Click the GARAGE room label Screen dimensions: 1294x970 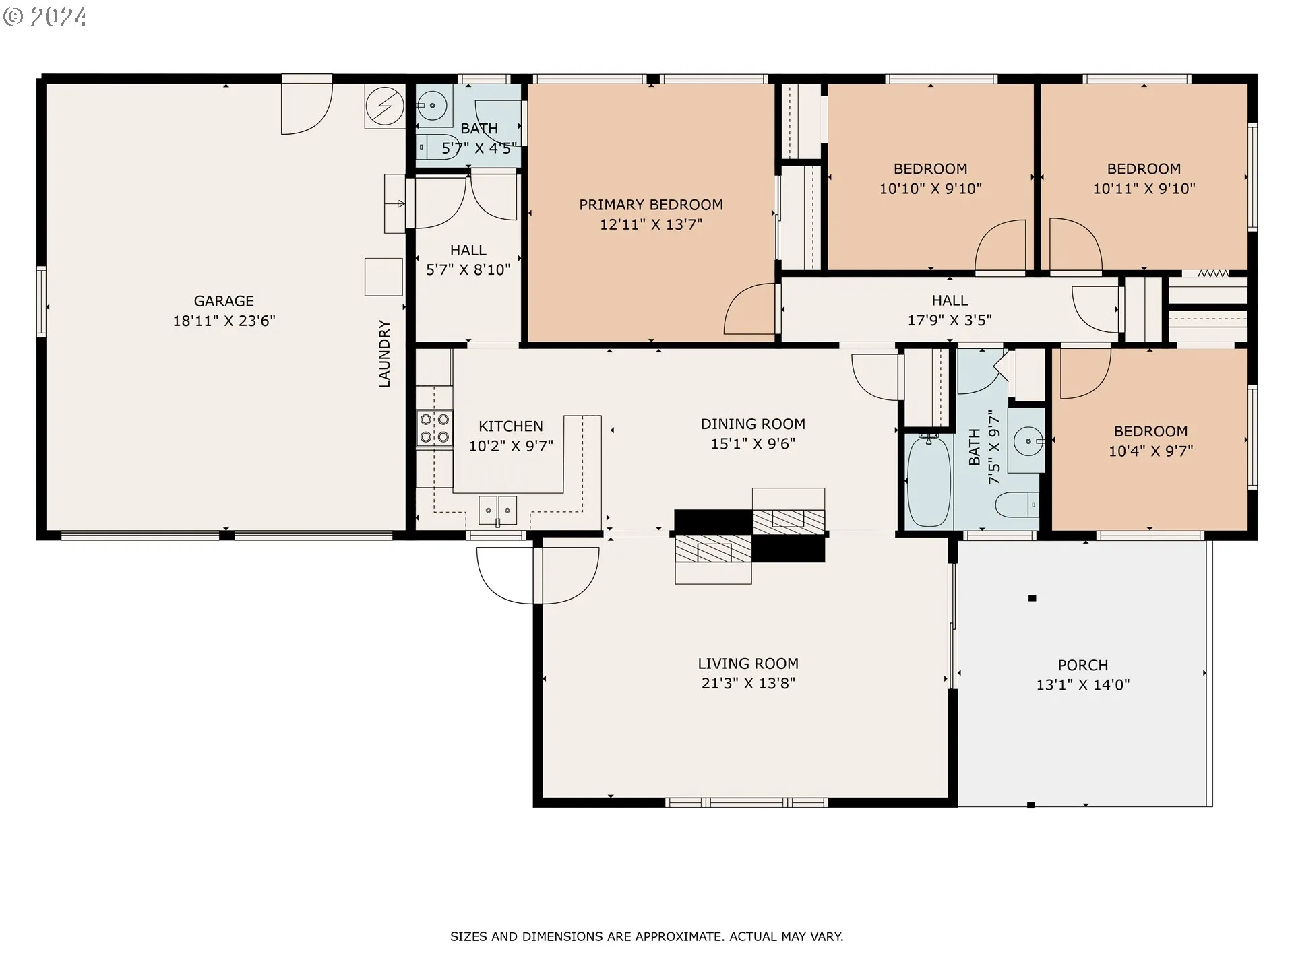click(224, 301)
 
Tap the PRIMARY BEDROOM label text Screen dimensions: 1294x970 click(651, 205)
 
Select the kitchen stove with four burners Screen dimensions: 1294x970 click(435, 428)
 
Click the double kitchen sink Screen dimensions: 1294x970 click(498, 510)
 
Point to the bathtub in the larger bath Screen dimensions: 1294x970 click(929, 480)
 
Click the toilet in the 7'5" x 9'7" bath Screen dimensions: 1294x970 click(1017, 505)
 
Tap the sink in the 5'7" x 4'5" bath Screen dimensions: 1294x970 click(431, 105)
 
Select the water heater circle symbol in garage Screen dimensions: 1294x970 click(385, 106)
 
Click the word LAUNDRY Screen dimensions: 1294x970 click(384, 354)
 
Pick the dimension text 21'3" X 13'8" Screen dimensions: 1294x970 click(748, 683)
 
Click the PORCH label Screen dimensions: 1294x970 click(1083, 666)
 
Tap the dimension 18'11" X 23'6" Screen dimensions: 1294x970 click(224, 321)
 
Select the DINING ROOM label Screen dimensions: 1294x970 click(753, 424)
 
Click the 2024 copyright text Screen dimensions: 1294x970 click(45, 17)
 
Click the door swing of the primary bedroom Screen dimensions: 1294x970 click(749, 309)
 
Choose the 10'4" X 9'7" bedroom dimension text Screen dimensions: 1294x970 click(1150, 451)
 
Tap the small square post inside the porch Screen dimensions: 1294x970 click(1032, 598)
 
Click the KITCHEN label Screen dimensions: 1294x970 click(511, 426)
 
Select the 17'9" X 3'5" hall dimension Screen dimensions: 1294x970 click(950, 321)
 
